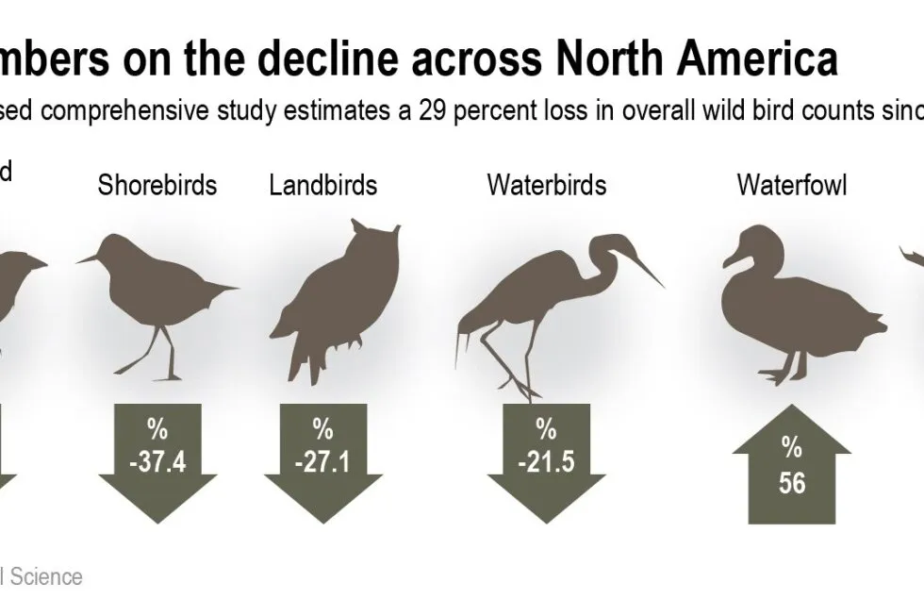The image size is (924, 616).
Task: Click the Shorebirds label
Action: click(x=157, y=184)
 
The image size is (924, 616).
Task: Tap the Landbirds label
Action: click(x=322, y=184)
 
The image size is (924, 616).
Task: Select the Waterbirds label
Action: click(x=546, y=184)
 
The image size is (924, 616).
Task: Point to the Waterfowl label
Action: click(x=791, y=184)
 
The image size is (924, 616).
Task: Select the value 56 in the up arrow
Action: click(x=792, y=482)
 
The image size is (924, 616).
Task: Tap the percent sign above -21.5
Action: click(x=547, y=430)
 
